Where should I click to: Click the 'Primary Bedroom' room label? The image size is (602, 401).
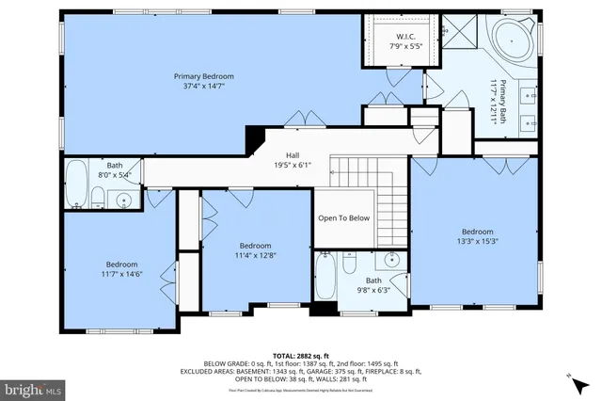[x=203, y=75]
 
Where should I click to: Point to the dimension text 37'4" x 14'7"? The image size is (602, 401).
[x=203, y=86]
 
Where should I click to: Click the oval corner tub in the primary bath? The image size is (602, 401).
[x=512, y=42]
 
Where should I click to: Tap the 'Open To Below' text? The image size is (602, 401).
[x=343, y=218]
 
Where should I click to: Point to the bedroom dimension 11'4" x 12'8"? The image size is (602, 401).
[x=255, y=254]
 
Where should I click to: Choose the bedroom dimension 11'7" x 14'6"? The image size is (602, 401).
[x=121, y=274]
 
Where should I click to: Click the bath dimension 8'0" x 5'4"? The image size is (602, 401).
[x=115, y=174]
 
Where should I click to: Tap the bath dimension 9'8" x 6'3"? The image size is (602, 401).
[x=373, y=290]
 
